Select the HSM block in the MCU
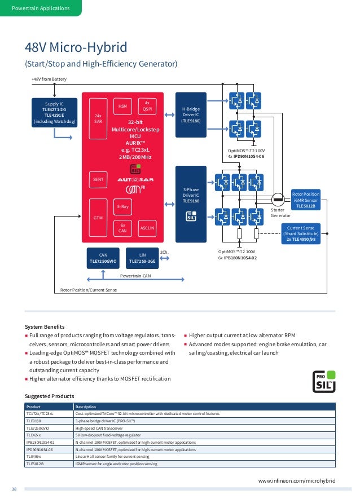(122, 106)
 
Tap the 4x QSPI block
(147, 105)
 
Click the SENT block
(98, 179)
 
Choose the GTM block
(98, 217)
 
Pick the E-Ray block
(123, 207)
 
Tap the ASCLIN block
(147, 227)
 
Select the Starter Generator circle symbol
(277, 199)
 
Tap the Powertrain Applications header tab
(41, 8)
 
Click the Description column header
(85, 407)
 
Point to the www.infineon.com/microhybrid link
(297, 480)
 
